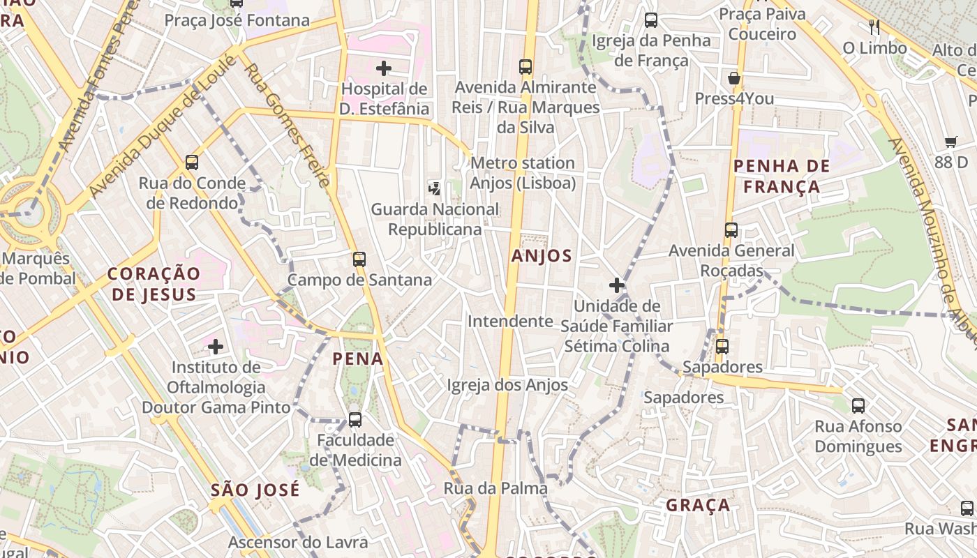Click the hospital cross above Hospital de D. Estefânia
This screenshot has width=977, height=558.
(x=383, y=68)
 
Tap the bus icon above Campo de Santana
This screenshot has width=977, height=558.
(x=359, y=259)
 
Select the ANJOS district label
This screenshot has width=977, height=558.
(x=542, y=256)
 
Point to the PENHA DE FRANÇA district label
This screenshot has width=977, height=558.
(x=782, y=176)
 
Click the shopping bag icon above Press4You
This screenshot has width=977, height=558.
(x=733, y=77)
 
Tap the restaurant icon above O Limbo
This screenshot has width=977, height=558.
(x=874, y=27)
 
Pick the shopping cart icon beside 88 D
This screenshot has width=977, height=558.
(x=950, y=142)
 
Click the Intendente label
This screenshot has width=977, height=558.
(x=510, y=321)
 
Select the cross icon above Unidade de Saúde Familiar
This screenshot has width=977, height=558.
(x=616, y=285)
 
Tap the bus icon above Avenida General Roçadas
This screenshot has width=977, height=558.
(x=731, y=229)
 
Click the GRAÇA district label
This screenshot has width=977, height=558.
(x=698, y=505)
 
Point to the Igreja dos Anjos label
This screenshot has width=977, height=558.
(x=507, y=384)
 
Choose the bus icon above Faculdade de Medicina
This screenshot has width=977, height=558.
(x=355, y=419)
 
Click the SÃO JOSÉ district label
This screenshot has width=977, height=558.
(x=255, y=490)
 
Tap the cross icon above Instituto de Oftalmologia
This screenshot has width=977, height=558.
(x=216, y=345)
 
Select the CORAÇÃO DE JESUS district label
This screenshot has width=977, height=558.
(x=154, y=283)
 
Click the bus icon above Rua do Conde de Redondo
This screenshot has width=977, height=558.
(x=192, y=163)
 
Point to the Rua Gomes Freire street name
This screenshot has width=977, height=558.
(x=288, y=126)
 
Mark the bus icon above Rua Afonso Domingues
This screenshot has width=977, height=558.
(x=858, y=405)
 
